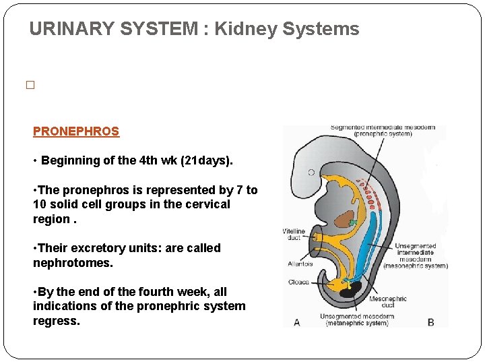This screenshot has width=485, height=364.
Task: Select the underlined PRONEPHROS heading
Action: pyautogui.click(x=76, y=132)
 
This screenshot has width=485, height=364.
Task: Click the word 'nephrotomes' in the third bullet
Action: pyautogui.click(x=71, y=262)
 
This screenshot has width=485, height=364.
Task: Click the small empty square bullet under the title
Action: pyautogui.click(x=30, y=86)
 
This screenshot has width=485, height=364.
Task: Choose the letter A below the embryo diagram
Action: pyautogui.click(x=297, y=322)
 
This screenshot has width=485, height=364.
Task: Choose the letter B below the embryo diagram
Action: pyautogui.click(x=431, y=322)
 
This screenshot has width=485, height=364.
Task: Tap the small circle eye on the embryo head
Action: pyautogui.click(x=311, y=173)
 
